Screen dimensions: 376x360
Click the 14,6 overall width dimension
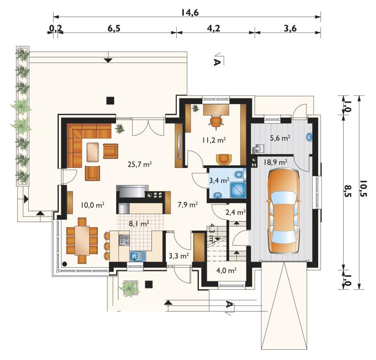190,13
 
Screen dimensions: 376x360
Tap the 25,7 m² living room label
140,164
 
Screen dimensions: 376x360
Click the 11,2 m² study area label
214,140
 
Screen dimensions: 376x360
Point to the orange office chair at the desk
216,121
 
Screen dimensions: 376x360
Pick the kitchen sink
138,256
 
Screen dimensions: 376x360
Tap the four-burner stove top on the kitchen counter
124,240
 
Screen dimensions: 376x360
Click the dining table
82,240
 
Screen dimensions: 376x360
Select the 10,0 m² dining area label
92,205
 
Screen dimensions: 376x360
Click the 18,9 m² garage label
275,162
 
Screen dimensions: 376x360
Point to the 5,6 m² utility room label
280,138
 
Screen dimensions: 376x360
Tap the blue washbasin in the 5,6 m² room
309,137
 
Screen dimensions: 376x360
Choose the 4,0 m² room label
227,271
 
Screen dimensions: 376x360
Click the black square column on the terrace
110,100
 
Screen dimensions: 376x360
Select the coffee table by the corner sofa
93,152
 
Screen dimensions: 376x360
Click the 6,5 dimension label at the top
114,28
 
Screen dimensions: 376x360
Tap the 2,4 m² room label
235,212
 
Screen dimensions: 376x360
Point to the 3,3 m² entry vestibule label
179,256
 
